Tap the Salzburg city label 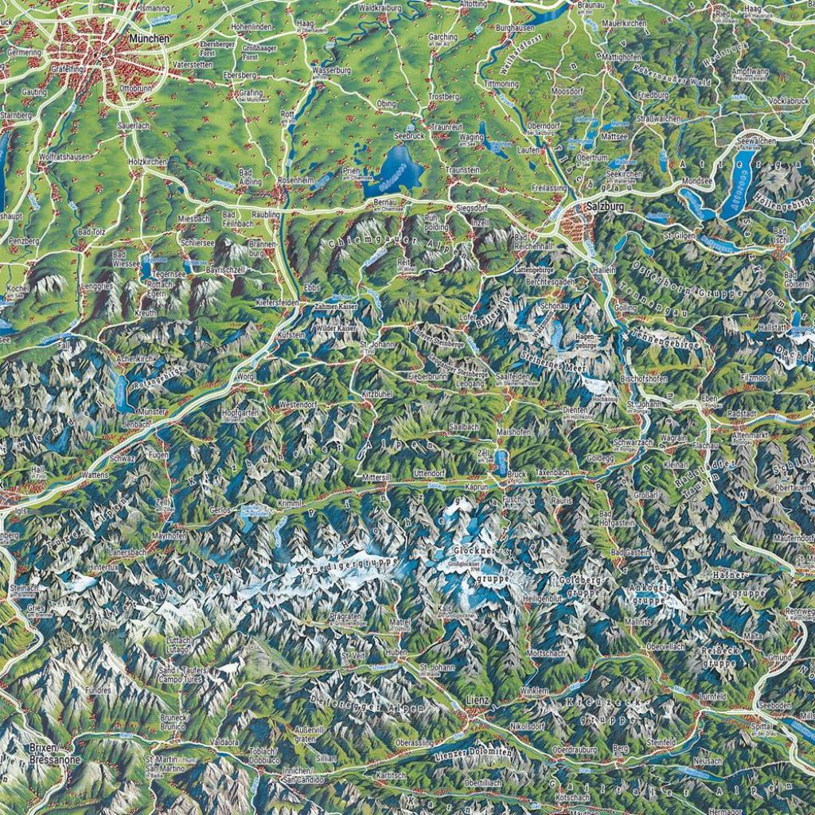pos(604,207)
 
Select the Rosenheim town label pos(298,181)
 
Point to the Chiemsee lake pos(395,173)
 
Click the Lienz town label pos(478,700)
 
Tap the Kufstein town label pos(291,336)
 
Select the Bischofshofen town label pos(644,379)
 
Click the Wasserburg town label pos(332,71)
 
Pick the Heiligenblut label pos(543,598)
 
